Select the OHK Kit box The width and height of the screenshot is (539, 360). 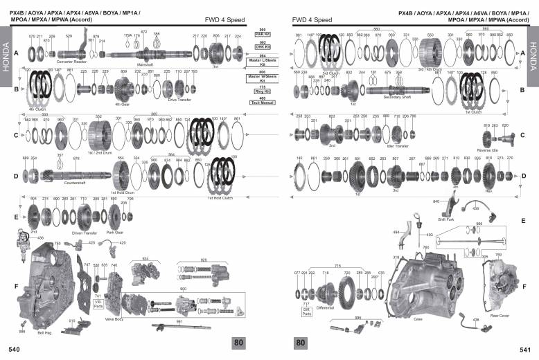(x=263, y=45)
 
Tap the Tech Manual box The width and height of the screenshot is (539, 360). (x=263, y=101)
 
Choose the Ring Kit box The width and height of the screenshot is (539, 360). (x=263, y=89)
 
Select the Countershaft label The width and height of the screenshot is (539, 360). (x=74, y=183)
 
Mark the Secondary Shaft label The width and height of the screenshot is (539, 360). (x=396, y=98)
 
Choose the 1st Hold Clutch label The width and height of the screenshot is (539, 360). (x=220, y=197)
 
